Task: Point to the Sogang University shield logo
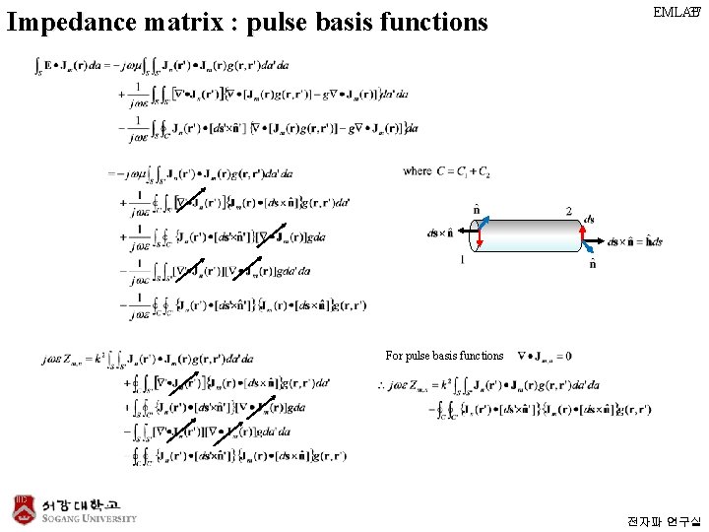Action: coord(23,507)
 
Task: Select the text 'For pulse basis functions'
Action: coord(444,356)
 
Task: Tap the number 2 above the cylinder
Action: coord(568,211)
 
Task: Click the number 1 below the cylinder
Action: coord(462,260)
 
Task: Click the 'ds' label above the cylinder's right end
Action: coord(589,219)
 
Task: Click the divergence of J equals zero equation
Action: coord(544,356)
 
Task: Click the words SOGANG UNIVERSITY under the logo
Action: coord(89,518)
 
